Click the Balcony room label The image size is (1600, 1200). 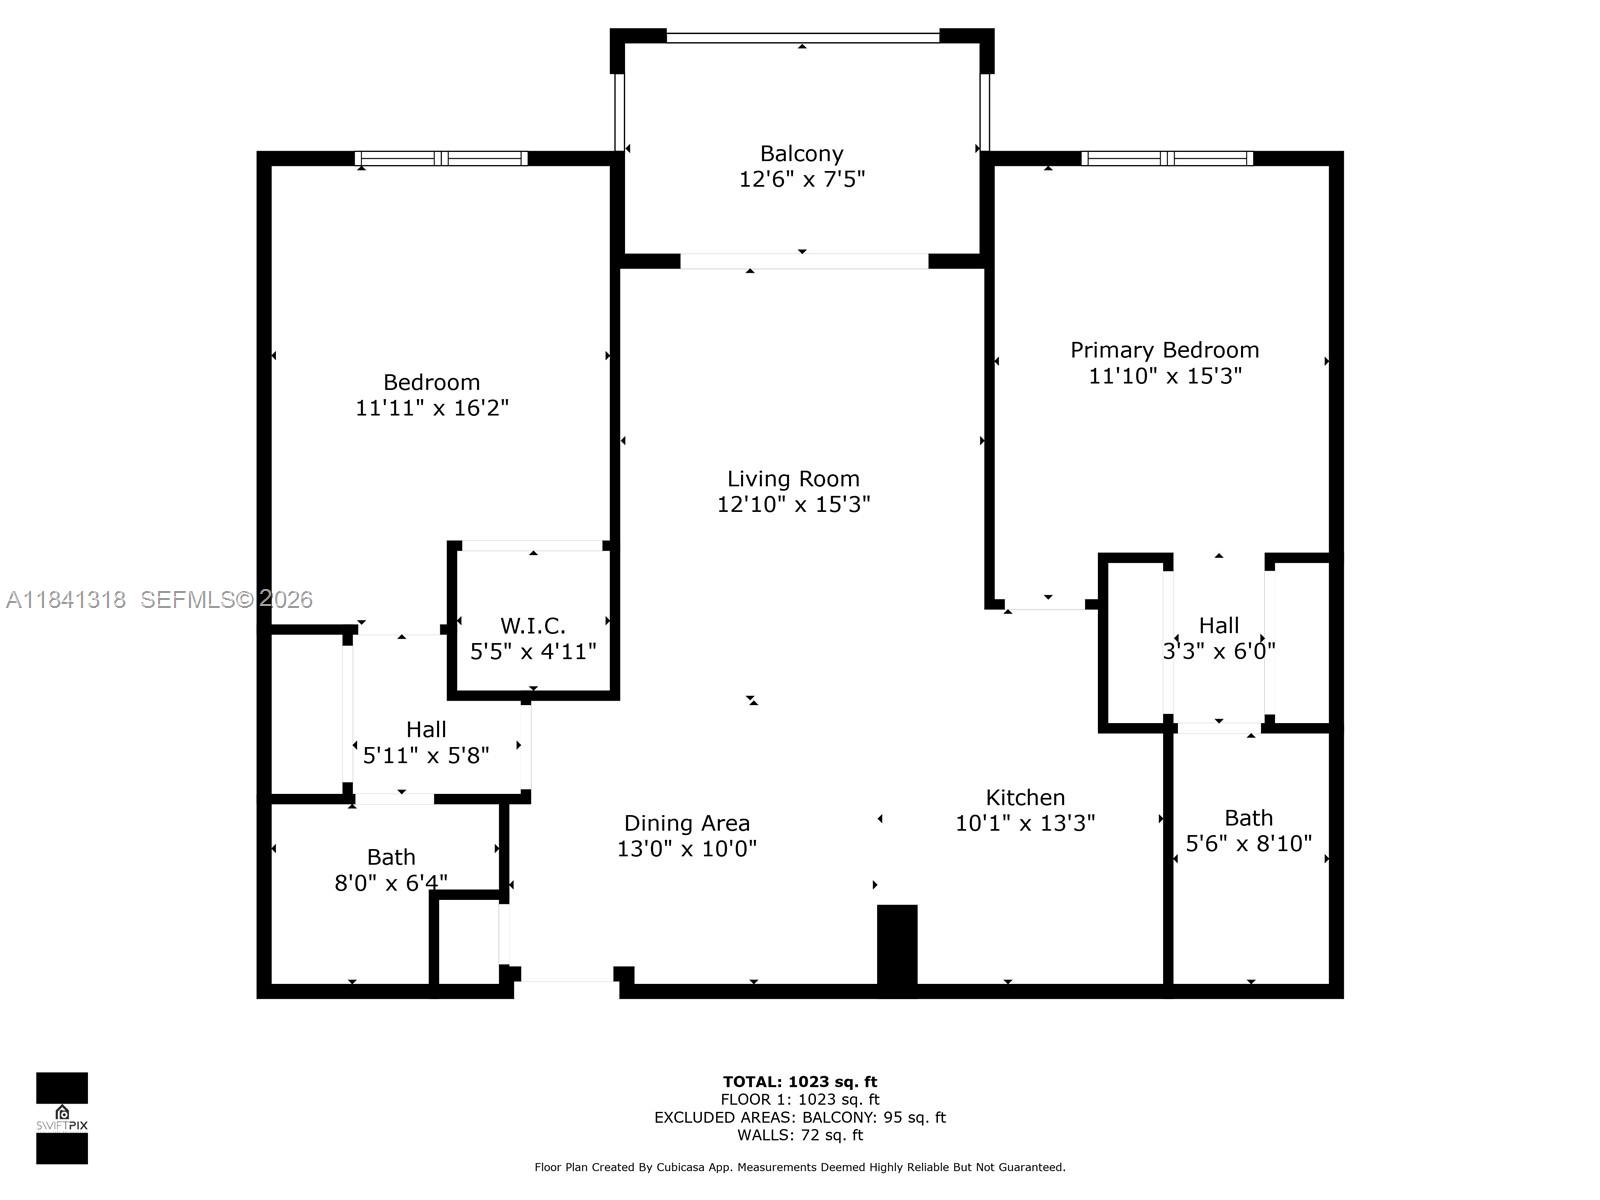[x=801, y=154]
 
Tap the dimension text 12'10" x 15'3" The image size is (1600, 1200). [x=793, y=504]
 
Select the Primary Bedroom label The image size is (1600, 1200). [x=1164, y=350]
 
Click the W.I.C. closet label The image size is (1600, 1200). [x=532, y=626]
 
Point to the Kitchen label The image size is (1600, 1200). [x=1025, y=797]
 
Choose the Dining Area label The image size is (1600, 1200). [x=686, y=823]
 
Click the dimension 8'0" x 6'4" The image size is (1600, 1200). [x=390, y=883]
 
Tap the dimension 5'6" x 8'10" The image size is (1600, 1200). [x=1248, y=843]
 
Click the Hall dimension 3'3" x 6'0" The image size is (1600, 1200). [x=1218, y=651]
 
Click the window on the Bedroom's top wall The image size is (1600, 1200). [x=441, y=158]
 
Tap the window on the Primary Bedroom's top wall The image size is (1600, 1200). [x=1167, y=158]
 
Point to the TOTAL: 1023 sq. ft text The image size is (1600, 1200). [x=800, y=1081]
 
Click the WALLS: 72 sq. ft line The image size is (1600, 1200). [x=800, y=1135]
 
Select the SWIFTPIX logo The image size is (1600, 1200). [x=62, y=1117]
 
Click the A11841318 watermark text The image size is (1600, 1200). [x=66, y=600]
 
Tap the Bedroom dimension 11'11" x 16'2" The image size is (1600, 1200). [x=432, y=408]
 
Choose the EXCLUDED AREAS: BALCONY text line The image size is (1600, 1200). [x=800, y=1117]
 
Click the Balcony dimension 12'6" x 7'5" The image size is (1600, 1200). [x=801, y=180]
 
